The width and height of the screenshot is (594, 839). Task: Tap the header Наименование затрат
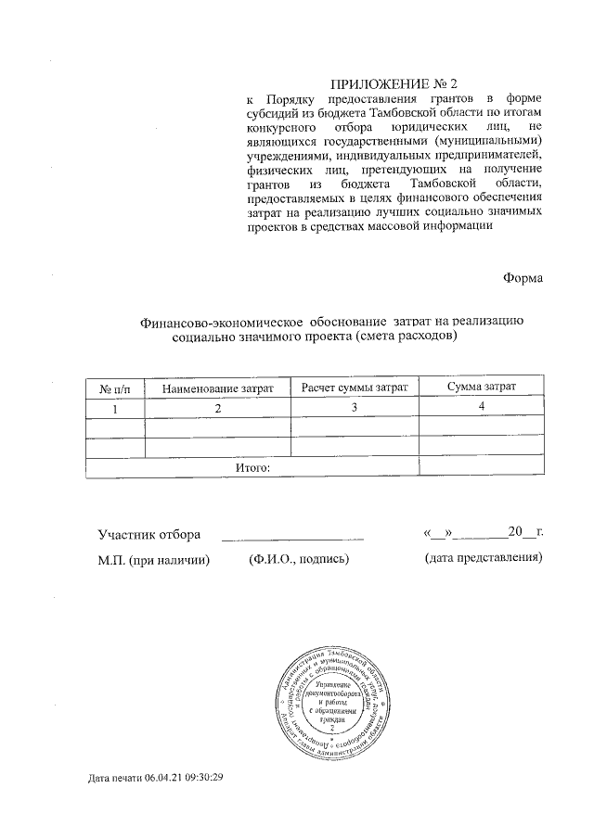click(x=218, y=388)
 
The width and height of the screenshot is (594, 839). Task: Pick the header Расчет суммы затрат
click(x=355, y=387)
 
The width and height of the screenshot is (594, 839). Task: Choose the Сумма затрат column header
click(x=482, y=387)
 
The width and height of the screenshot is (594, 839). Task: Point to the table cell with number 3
click(x=355, y=409)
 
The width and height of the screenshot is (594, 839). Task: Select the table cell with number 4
click(x=482, y=408)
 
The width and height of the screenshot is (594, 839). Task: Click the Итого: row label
click(x=252, y=467)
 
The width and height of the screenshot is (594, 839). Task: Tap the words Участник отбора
click(x=150, y=534)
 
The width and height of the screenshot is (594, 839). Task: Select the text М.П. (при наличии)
click(x=154, y=559)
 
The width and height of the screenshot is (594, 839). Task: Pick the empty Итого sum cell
click(x=482, y=467)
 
